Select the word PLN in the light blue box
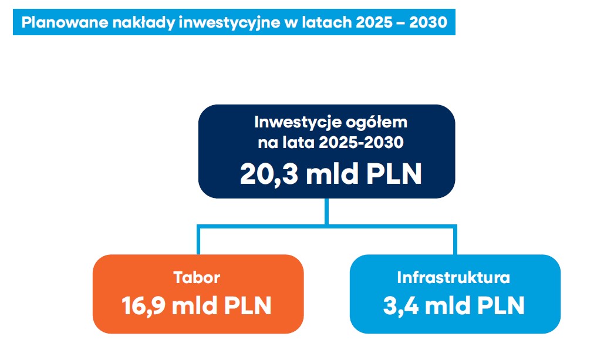[498, 306]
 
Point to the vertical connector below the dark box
[327, 211]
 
